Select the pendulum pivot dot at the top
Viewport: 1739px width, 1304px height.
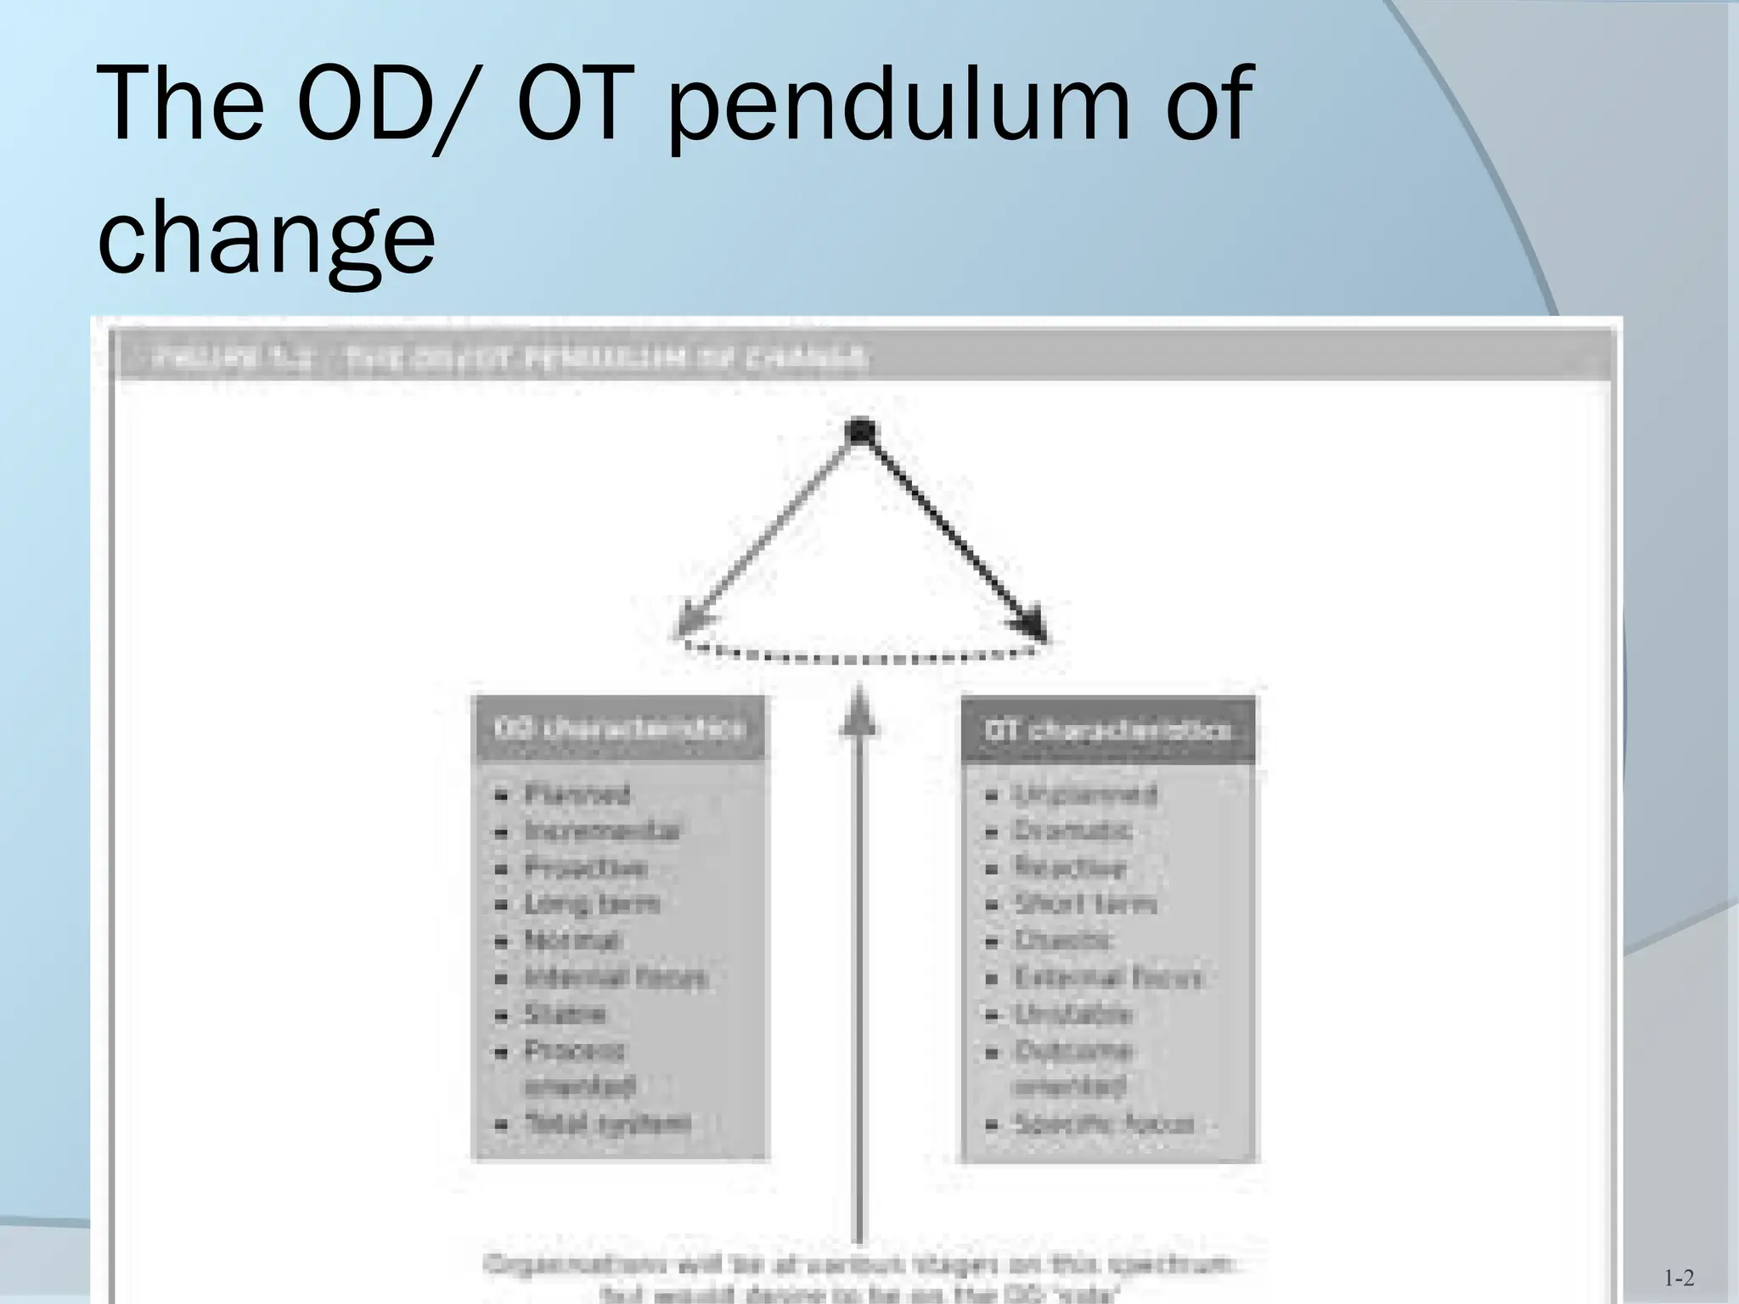coord(860,432)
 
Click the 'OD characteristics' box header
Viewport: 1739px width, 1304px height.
coord(619,728)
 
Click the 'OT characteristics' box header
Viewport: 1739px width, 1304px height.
coord(1107,730)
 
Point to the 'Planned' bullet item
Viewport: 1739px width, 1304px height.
coord(577,795)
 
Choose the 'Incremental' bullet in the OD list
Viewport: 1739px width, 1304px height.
coord(602,831)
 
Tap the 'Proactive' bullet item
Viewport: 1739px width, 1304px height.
coord(586,868)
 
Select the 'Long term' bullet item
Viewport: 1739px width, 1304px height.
coord(592,904)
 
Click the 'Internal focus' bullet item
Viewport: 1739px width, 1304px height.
coord(616,977)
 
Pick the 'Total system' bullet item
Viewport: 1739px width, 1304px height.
coord(607,1123)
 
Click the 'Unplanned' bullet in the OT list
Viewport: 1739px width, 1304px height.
coord(1085,795)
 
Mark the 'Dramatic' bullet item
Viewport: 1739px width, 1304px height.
coord(1073,831)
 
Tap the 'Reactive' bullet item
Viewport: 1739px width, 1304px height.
coord(1070,868)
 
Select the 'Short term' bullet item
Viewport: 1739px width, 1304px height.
coord(1086,904)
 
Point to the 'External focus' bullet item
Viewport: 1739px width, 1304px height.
coord(1109,977)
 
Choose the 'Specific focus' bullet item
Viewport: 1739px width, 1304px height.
coord(1105,1124)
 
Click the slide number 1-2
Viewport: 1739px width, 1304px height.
coord(1679,1278)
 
